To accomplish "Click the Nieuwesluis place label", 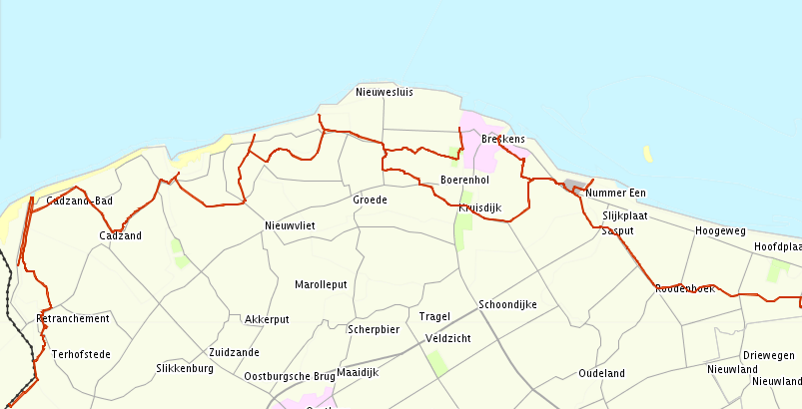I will tap(384, 93).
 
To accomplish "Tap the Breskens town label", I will tap(503, 139).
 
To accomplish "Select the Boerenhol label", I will tap(464, 180).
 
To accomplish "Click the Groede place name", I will tap(370, 200).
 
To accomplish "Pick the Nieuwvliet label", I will tap(290, 225).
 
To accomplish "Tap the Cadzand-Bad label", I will tap(80, 202).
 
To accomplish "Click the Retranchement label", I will tap(72, 318).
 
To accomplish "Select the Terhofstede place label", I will tap(81, 354).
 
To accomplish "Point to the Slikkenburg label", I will tap(185, 368).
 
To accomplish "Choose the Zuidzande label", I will tap(235, 352).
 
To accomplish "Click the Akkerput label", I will tap(267, 319).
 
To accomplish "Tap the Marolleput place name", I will tap(321, 284).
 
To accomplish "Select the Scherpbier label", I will tap(374, 329).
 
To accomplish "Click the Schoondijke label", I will tap(508, 304).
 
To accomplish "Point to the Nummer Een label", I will tap(616, 193).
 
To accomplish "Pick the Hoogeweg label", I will tap(720, 230).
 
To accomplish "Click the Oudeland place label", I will tap(601, 373).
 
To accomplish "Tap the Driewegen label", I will tap(769, 355).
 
